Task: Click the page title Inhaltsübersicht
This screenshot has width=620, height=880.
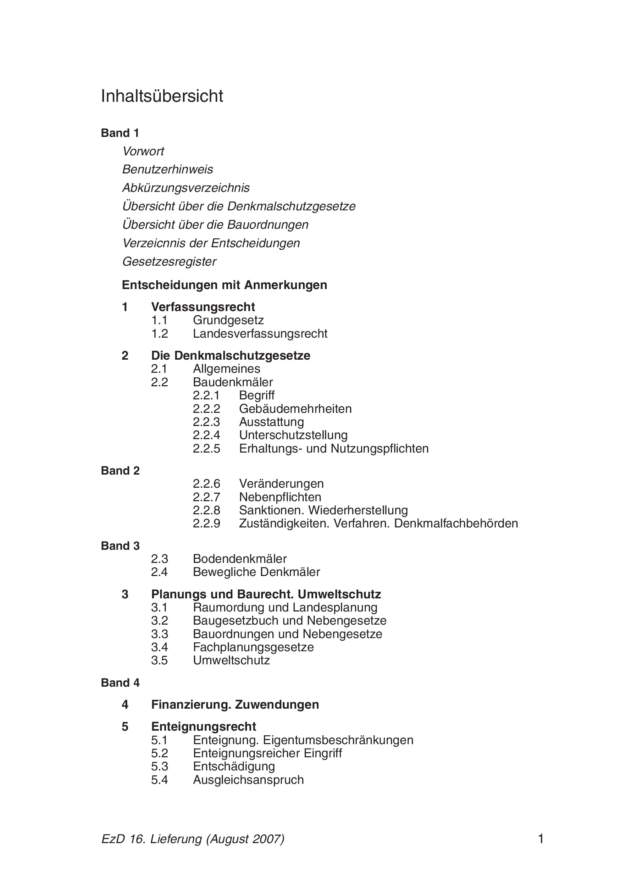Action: [162, 96]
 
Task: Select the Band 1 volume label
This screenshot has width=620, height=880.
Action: [120, 133]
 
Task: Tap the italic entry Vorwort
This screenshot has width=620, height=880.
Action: [143, 151]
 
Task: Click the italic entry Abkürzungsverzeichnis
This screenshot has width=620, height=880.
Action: [186, 188]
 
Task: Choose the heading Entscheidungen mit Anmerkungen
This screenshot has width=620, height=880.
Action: [224, 285]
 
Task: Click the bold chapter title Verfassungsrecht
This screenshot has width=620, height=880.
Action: [203, 307]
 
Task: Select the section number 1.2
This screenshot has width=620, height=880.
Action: [159, 334]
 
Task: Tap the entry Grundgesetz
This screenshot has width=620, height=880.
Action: [228, 320]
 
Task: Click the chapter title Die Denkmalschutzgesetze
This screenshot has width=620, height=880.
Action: [231, 356]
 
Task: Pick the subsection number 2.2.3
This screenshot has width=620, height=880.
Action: [206, 422]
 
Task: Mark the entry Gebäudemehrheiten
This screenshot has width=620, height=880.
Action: [295, 409]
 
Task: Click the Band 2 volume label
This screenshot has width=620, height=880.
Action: [120, 471]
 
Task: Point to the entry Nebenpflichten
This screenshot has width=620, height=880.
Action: [280, 497]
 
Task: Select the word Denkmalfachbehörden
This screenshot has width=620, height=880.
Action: [456, 524]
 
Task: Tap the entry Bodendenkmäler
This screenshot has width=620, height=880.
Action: [240, 559]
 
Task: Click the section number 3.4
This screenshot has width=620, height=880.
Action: [159, 647]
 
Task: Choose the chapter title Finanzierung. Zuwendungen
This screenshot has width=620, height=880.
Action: [235, 704]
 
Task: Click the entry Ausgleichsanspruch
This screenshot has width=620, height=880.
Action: [248, 780]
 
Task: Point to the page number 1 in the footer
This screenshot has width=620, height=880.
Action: [541, 839]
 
